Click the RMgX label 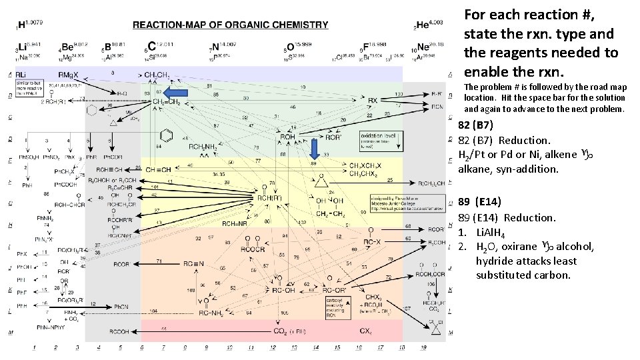coord(67,74)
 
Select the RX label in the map coord(373,101)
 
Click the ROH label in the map coord(287,137)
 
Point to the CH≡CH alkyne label coord(158,169)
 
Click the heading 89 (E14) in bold coord(479,201)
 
